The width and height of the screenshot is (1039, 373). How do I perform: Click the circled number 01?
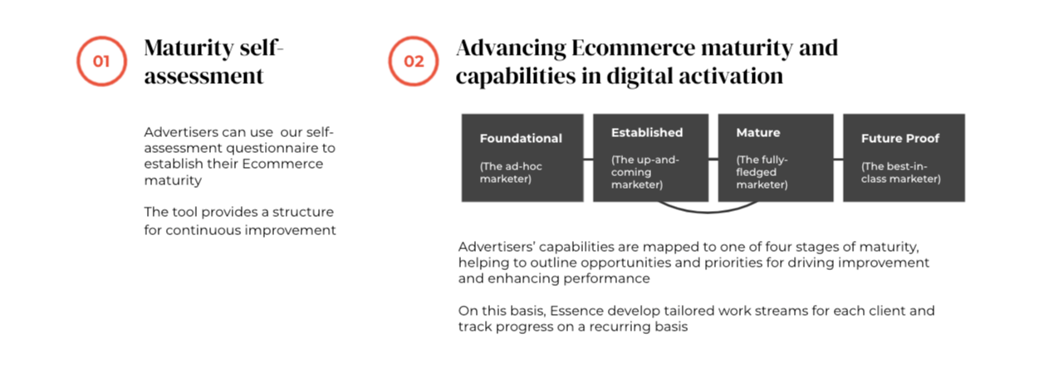click(x=101, y=61)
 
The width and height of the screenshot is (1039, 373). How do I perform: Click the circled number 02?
click(x=414, y=61)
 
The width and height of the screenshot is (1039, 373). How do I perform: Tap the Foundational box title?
click(x=521, y=138)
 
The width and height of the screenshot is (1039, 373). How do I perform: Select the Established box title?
click(x=647, y=133)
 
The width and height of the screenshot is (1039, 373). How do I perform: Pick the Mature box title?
click(x=758, y=133)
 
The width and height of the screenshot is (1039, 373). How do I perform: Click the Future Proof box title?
click(x=900, y=138)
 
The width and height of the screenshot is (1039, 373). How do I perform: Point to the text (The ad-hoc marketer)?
click(x=511, y=173)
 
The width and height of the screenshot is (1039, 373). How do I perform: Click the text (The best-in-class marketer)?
click(x=901, y=173)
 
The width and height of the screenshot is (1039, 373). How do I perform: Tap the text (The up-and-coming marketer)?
click(x=644, y=172)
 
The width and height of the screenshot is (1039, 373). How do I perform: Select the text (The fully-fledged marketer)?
click(x=762, y=172)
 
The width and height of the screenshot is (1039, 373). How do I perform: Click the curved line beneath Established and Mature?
click(x=708, y=212)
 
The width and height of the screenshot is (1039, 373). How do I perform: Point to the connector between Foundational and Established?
click(x=588, y=160)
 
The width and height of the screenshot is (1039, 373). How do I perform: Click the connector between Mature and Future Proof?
click(x=838, y=160)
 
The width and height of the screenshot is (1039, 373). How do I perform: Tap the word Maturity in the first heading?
click(x=189, y=48)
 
